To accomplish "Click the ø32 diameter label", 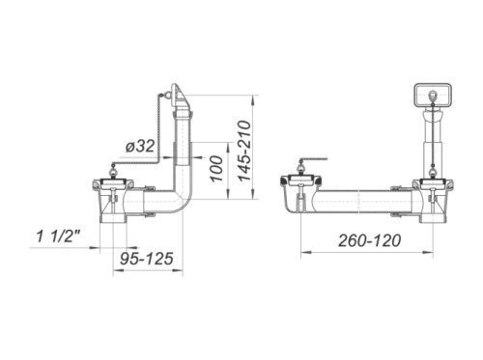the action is point(140,147).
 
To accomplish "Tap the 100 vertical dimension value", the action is point(216,169).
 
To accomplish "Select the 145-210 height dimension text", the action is point(243,151).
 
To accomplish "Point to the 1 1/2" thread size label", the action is point(59,236).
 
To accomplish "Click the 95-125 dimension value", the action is point(147,259).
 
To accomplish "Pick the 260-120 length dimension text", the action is point(370,240).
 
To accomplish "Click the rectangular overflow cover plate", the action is point(433,96).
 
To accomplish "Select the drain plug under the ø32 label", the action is point(113,181).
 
